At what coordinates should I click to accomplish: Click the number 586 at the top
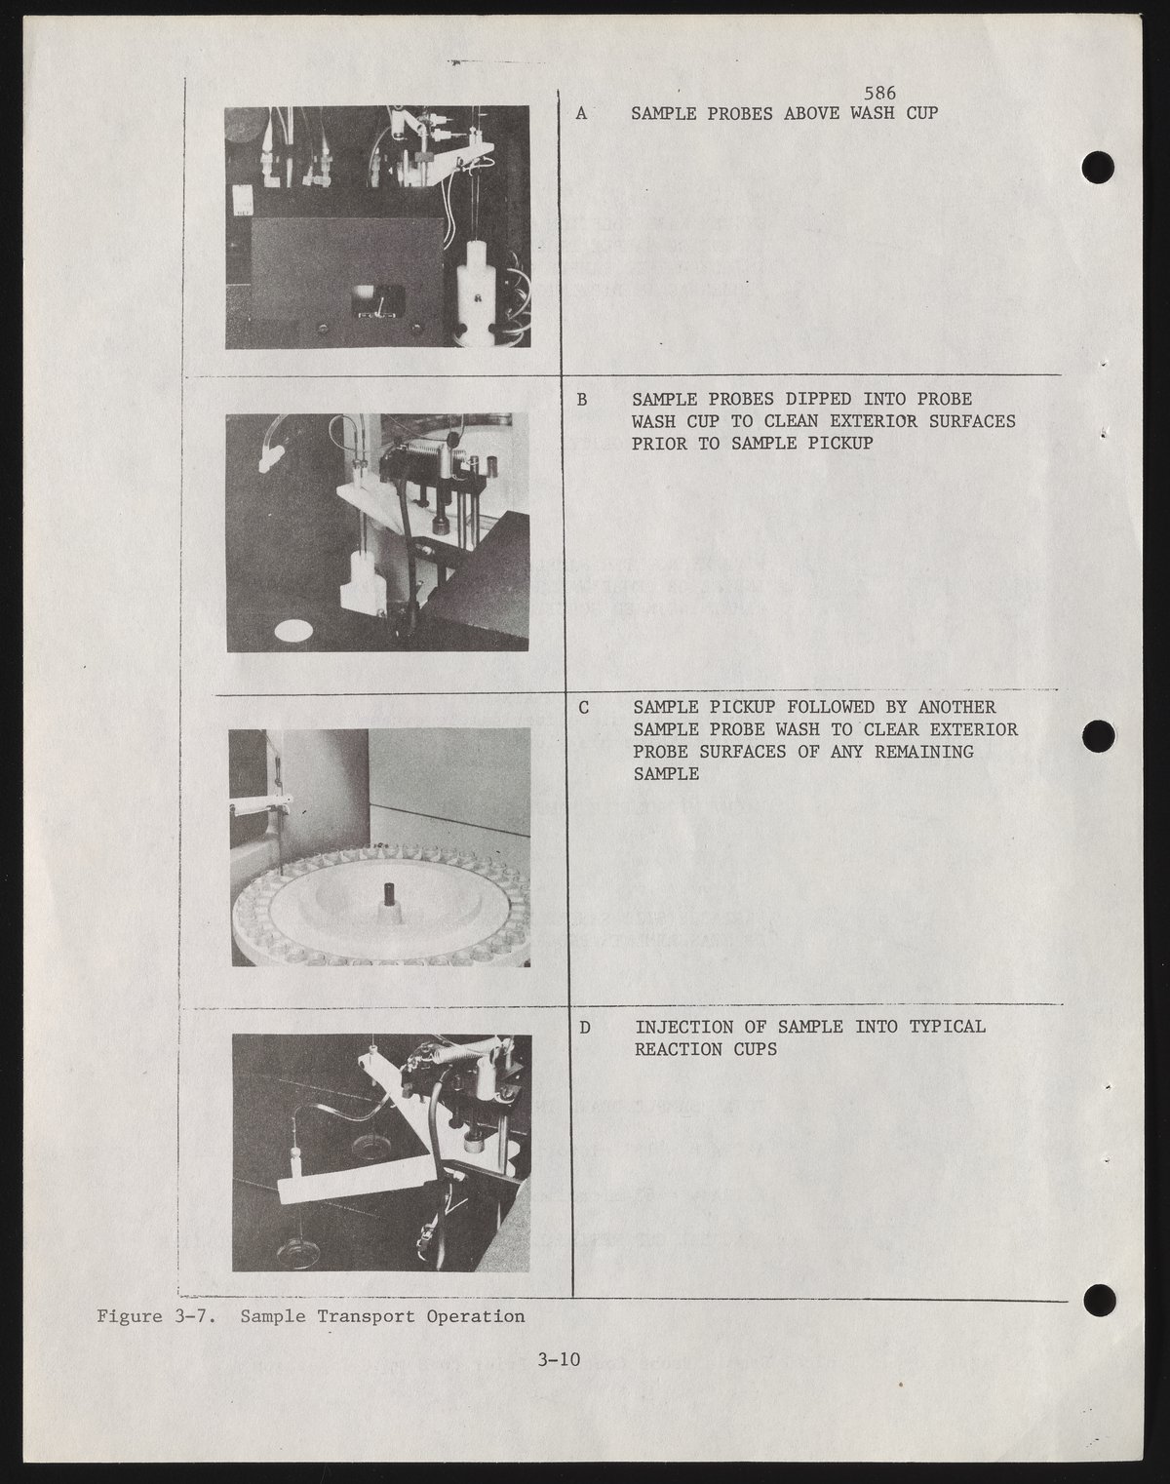point(879,93)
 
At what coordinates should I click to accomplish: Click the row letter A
point(581,114)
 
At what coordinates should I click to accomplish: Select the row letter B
point(582,399)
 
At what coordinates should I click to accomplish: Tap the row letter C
point(583,708)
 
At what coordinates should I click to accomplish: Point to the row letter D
point(585,1028)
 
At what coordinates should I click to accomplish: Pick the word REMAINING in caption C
point(924,752)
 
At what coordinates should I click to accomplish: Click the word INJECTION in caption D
point(684,1028)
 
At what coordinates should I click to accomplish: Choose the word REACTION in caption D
point(679,1049)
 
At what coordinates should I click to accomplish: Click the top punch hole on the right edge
point(1098,167)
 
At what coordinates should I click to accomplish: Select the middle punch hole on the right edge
point(1098,736)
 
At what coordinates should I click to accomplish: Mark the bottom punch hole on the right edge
point(1101,1300)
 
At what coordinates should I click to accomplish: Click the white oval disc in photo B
point(293,630)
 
